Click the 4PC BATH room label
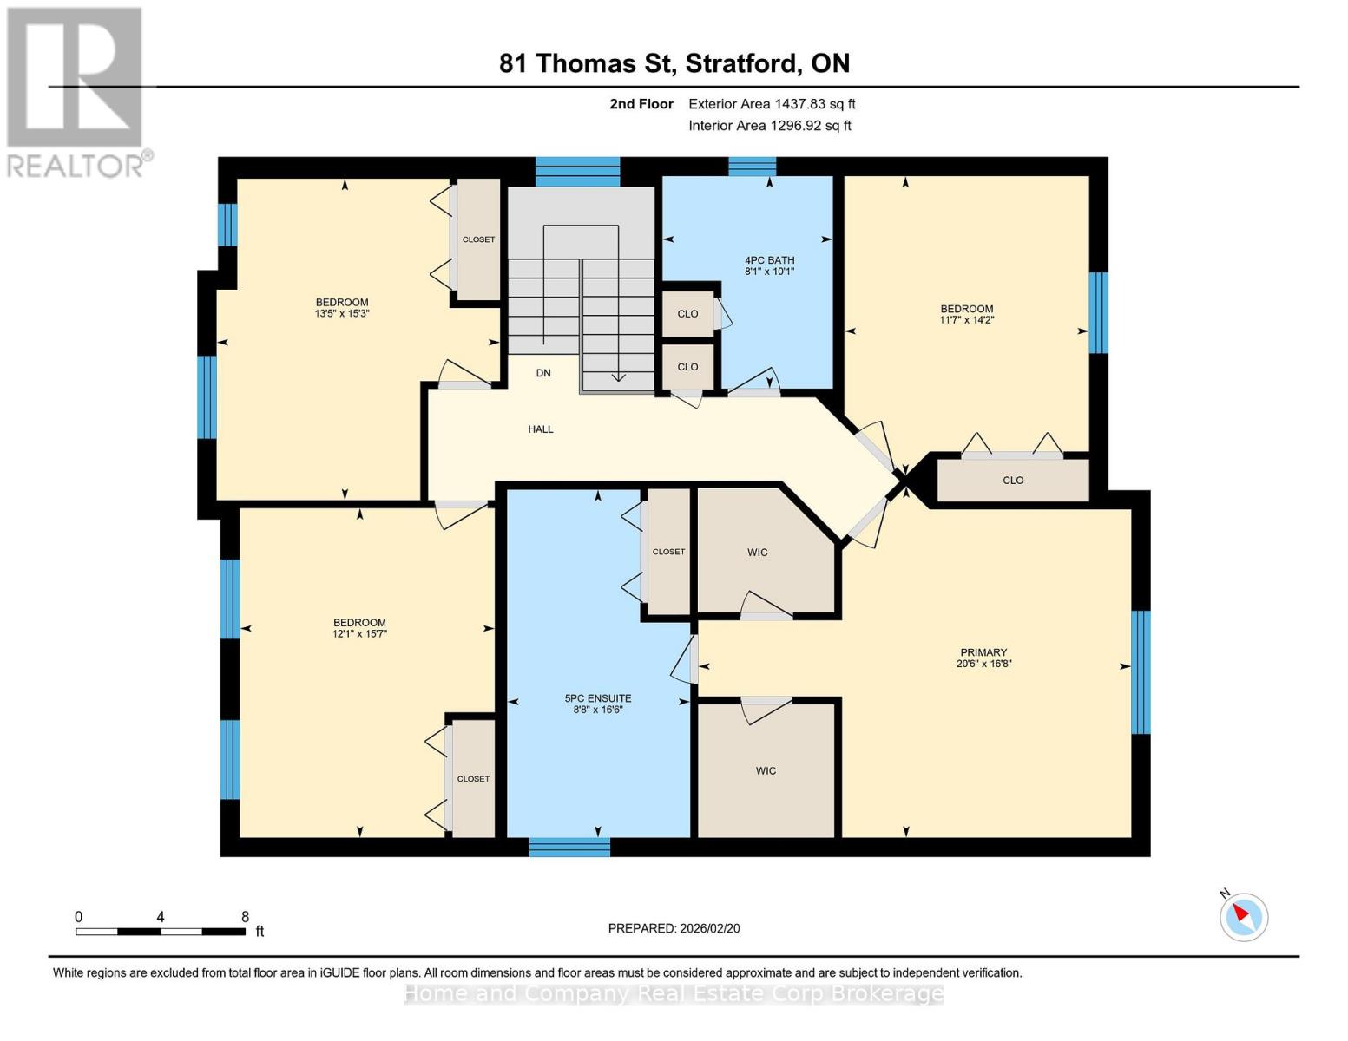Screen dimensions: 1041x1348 click(769, 260)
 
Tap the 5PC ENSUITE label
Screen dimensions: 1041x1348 click(597, 698)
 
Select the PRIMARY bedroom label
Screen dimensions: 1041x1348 click(983, 652)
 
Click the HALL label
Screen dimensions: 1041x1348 click(541, 429)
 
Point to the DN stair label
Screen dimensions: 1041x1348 click(543, 373)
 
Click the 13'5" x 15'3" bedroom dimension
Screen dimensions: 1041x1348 click(342, 314)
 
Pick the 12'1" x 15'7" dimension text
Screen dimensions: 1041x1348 click(359, 634)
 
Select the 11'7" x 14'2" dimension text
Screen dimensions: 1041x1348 click(966, 320)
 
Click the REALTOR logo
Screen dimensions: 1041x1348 click(76, 91)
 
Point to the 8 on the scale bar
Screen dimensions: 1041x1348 click(245, 917)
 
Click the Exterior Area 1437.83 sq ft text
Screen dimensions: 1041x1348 click(772, 104)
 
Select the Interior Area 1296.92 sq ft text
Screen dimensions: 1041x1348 click(769, 126)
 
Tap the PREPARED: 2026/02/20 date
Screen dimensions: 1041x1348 click(674, 928)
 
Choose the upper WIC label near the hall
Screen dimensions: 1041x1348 click(757, 553)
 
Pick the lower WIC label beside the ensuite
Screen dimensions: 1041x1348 click(766, 770)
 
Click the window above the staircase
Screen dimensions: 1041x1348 click(577, 171)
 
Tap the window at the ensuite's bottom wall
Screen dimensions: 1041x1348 click(569, 847)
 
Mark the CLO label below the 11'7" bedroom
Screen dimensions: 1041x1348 click(1013, 481)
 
